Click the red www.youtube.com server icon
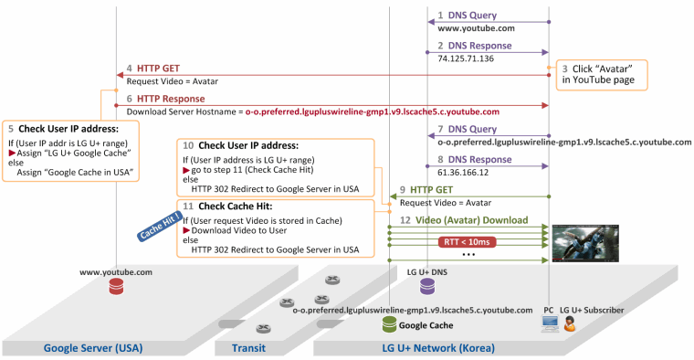click(x=116, y=287)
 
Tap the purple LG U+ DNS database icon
click(x=427, y=287)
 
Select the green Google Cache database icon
click(x=389, y=324)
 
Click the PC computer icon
click(x=550, y=323)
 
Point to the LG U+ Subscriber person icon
click(x=569, y=324)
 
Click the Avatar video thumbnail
click(x=585, y=243)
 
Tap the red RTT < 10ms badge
click(x=467, y=242)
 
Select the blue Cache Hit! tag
click(x=160, y=227)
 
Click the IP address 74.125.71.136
click(x=466, y=58)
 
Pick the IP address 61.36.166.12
click(x=463, y=173)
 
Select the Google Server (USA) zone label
click(x=93, y=348)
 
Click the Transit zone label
click(x=248, y=348)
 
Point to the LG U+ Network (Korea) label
click(x=438, y=348)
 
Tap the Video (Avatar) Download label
click(x=471, y=220)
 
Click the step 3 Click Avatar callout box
click(x=602, y=75)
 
